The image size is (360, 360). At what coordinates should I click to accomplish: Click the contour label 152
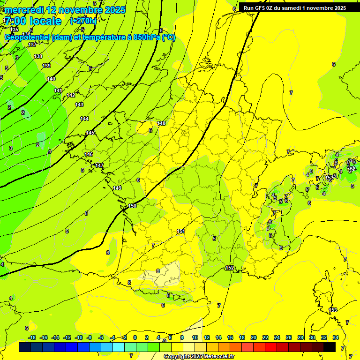(x=230, y=268)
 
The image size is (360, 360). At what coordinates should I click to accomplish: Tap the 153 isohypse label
(x=333, y=310)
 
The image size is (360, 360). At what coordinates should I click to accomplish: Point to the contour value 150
(x=132, y=206)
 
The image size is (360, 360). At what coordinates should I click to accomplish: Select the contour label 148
(x=162, y=123)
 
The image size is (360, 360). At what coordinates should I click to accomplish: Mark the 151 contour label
(x=181, y=231)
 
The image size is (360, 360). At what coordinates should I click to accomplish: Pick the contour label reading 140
(x=51, y=79)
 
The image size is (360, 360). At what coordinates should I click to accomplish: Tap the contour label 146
(x=89, y=154)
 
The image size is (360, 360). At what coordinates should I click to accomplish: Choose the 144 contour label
(x=84, y=119)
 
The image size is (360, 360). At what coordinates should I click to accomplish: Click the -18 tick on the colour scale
(x=32, y=337)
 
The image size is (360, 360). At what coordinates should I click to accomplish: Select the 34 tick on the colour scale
(x=336, y=337)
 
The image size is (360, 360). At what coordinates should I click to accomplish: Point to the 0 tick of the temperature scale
(x=135, y=337)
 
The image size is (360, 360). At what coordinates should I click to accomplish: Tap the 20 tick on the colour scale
(x=254, y=337)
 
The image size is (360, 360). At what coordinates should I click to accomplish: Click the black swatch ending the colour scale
(x=330, y=347)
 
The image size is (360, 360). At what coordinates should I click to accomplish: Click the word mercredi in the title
(x=25, y=10)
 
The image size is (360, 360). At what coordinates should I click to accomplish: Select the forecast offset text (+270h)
(x=83, y=21)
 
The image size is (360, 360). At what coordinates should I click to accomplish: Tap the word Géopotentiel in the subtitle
(x=27, y=37)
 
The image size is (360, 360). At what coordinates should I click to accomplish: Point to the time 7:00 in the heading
(x=15, y=21)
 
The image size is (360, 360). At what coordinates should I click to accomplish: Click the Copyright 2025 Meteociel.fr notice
(x=199, y=357)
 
